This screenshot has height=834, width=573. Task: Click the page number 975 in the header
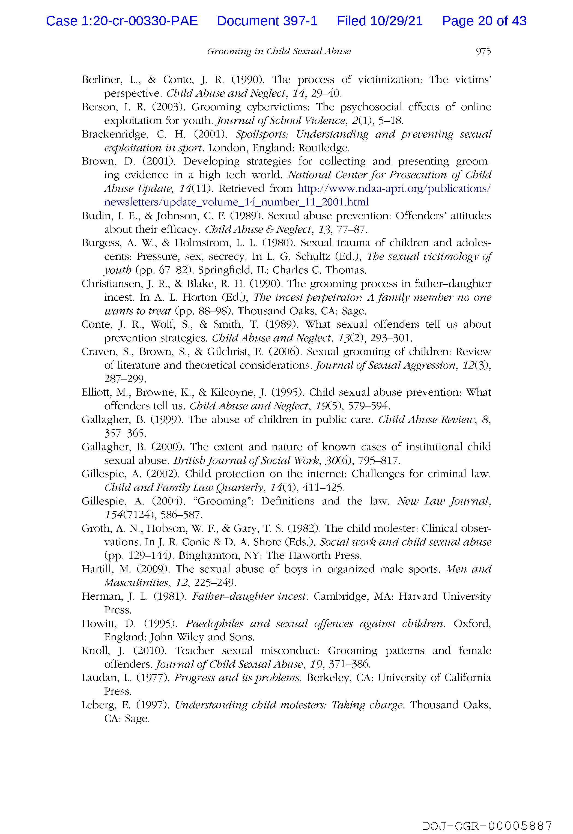point(483,52)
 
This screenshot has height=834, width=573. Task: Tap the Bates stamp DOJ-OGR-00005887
point(487,816)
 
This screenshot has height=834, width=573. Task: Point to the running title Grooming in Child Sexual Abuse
point(279,52)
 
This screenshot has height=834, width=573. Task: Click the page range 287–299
point(125,379)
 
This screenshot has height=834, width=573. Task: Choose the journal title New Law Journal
point(443,501)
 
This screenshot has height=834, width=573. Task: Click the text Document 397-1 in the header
point(267,21)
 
